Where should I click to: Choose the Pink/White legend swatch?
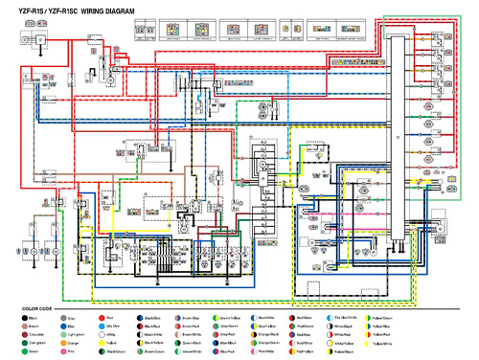253,351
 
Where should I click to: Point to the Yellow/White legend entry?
367,343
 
